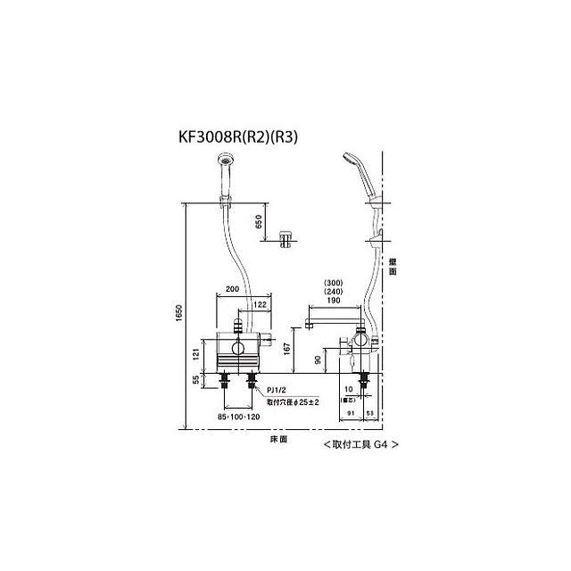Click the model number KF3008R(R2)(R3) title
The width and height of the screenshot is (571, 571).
[x=238, y=137]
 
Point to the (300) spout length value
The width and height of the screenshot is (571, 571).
[x=334, y=283]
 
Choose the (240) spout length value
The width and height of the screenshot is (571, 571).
[x=334, y=293]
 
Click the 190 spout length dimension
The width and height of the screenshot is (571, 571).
[x=334, y=302]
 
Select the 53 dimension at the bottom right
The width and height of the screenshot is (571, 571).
[x=370, y=414]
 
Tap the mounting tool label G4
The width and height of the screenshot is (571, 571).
[x=355, y=443]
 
